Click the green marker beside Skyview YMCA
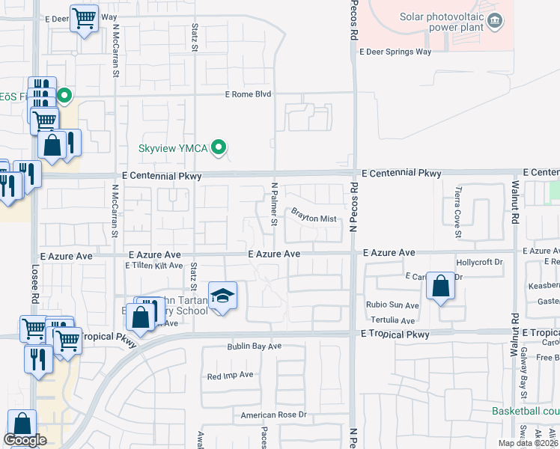click(219, 147)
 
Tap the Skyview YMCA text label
click(171, 148)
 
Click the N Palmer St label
click(274, 204)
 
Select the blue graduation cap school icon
click(222, 296)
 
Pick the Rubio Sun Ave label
click(392, 305)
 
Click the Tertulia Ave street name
click(396, 320)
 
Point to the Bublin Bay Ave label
click(255, 346)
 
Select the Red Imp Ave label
click(231, 375)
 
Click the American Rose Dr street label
click(274, 415)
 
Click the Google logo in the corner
click(25, 440)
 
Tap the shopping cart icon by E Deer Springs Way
click(85, 17)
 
